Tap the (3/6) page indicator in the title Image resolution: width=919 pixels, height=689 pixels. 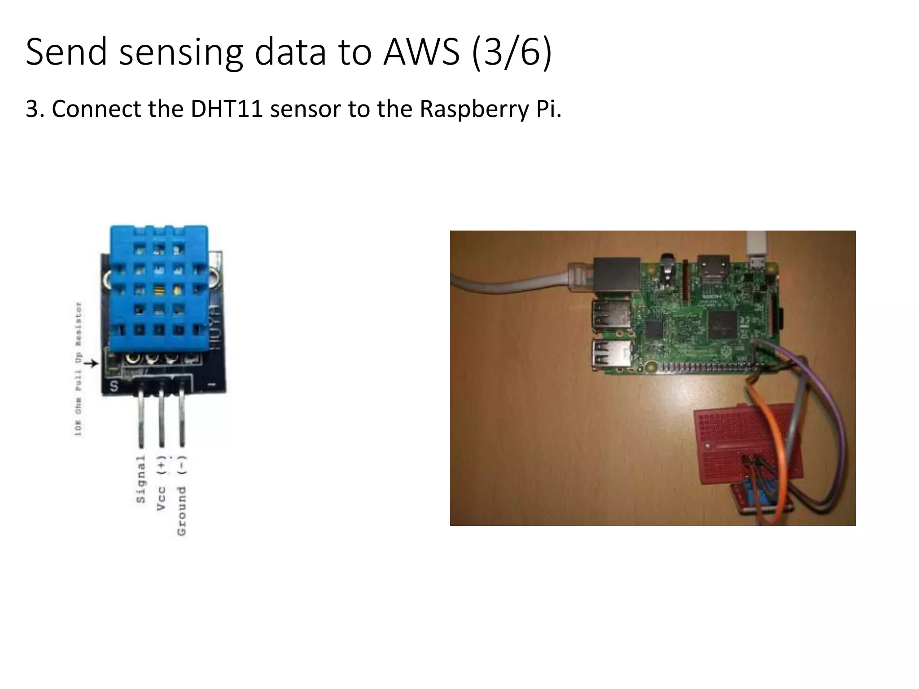coord(512,52)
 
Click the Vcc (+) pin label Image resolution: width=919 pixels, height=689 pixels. coord(161,482)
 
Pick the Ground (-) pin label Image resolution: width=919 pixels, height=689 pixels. coord(181,495)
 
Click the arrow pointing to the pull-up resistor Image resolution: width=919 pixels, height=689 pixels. coord(91,363)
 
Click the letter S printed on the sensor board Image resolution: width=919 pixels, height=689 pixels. coord(114,386)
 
